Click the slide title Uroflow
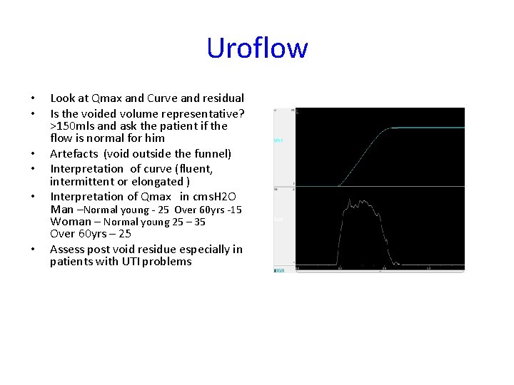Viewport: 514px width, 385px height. pyautogui.click(x=257, y=48)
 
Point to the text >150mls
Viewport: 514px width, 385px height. pyautogui.click(x=72, y=125)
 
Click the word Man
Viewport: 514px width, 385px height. pyautogui.click(x=61, y=210)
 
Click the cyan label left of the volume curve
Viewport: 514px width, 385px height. pyautogui.click(x=278, y=140)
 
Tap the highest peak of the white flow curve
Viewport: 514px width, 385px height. pyautogui.click(x=350, y=202)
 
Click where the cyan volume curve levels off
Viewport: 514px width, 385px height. pyautogui.click(x=389, y=128)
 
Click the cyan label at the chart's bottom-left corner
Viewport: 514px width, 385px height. pyautogui.click(x=279, y=270)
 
